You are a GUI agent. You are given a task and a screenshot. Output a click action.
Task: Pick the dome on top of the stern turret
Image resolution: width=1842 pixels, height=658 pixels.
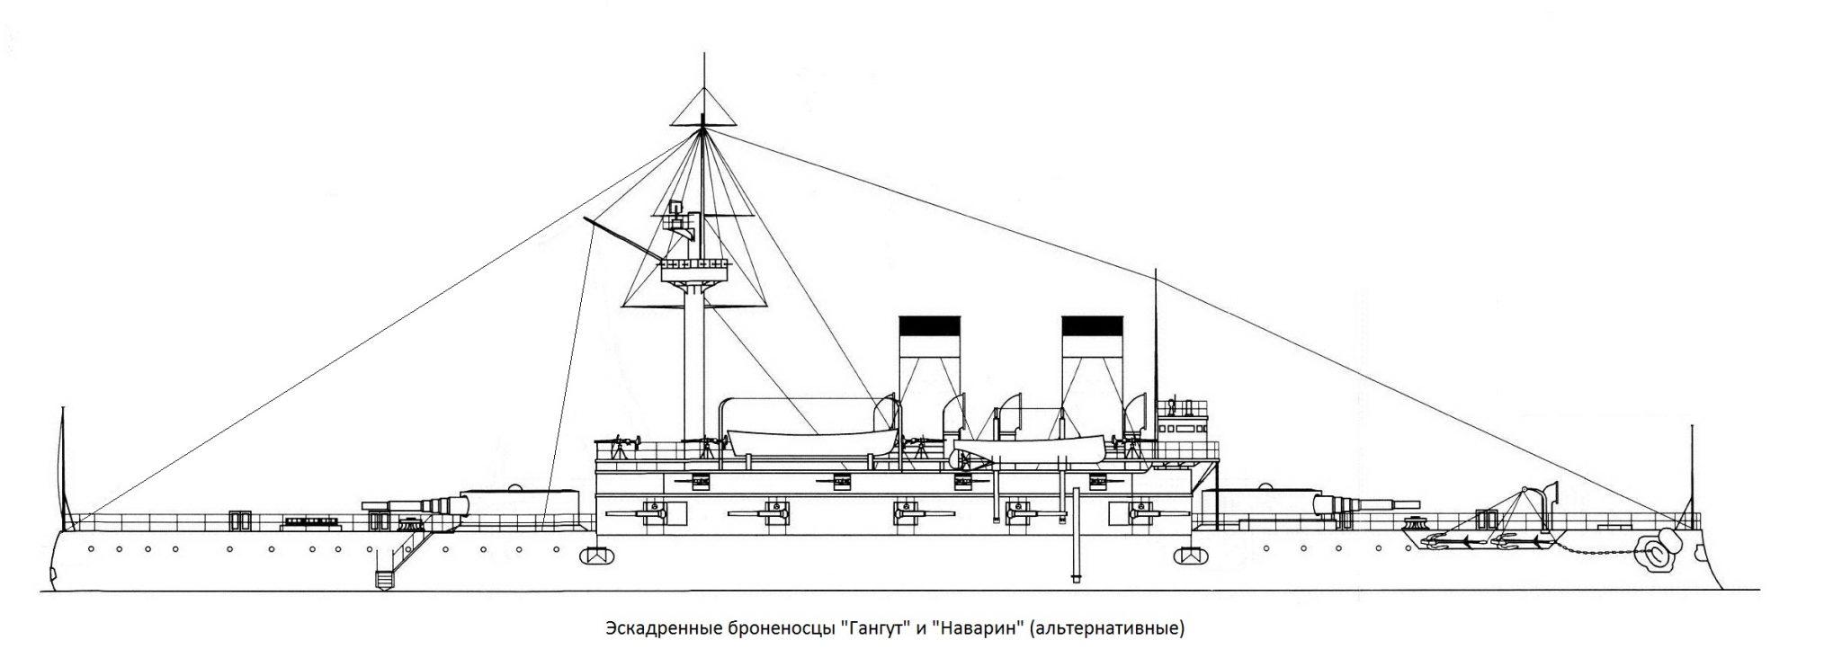click(514, 488)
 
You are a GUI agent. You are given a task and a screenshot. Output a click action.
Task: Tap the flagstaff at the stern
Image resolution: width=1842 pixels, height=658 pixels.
click(63, 467)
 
